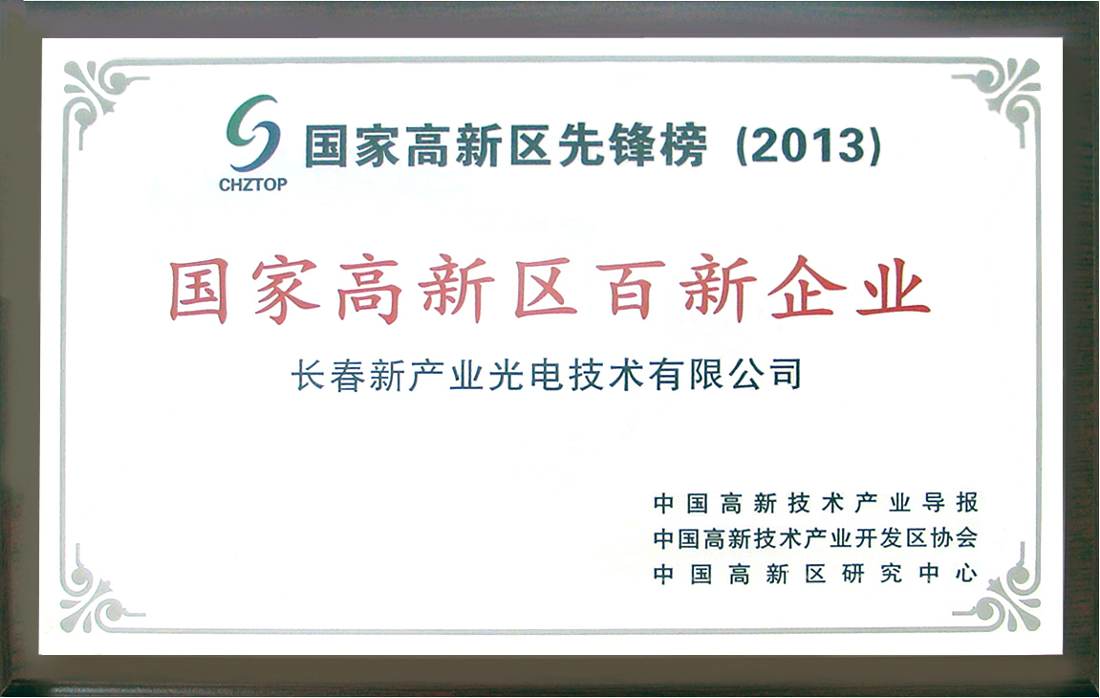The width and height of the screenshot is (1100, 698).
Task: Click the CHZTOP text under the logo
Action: [252, 185]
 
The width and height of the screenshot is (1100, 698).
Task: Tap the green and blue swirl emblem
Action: [252, 134]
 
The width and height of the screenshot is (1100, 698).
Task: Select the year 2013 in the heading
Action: [809, 146]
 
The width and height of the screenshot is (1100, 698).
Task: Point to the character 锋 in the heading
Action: [630, 146]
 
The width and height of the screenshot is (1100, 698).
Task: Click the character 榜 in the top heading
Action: [681, 146]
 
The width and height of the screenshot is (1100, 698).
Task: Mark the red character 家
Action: [286, 290]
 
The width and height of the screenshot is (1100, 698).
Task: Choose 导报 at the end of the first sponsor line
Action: [951, 503]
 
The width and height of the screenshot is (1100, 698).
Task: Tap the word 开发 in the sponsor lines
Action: [877, 538]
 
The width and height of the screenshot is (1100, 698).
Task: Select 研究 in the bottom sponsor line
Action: [872, 574]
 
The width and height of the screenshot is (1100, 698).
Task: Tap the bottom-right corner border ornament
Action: [1006, 597]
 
